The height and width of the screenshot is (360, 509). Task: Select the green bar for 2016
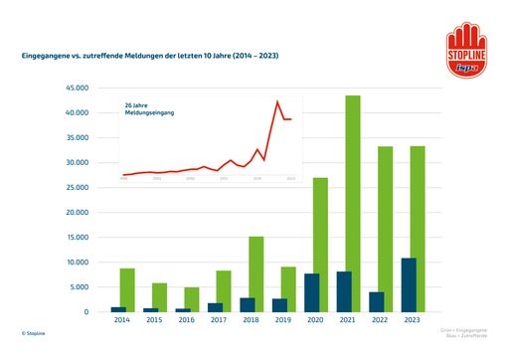coord(192,299)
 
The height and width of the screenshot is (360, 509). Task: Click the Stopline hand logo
coord(464,50)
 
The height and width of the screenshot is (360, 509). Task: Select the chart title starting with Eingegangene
coord(150,57)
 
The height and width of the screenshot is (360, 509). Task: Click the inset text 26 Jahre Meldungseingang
coord(149,108)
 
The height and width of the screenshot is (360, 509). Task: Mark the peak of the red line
coord(277,101)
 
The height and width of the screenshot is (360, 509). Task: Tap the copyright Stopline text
coord(33,334)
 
